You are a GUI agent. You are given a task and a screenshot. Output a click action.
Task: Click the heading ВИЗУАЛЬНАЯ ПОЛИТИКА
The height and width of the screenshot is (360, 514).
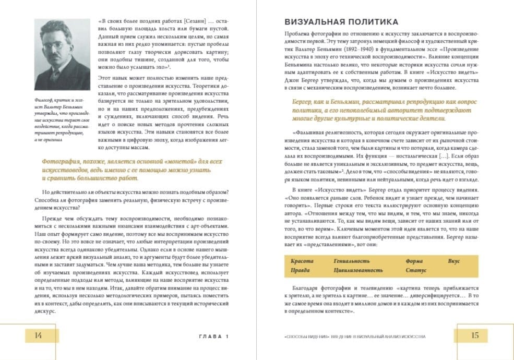coord(341,22)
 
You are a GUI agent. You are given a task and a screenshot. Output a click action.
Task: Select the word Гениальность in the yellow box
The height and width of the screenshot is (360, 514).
coord(352,261)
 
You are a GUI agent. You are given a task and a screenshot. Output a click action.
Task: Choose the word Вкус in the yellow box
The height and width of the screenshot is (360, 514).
coord(453,261)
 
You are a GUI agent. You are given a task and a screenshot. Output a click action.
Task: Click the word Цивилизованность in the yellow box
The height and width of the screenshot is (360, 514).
coord(358,270)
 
